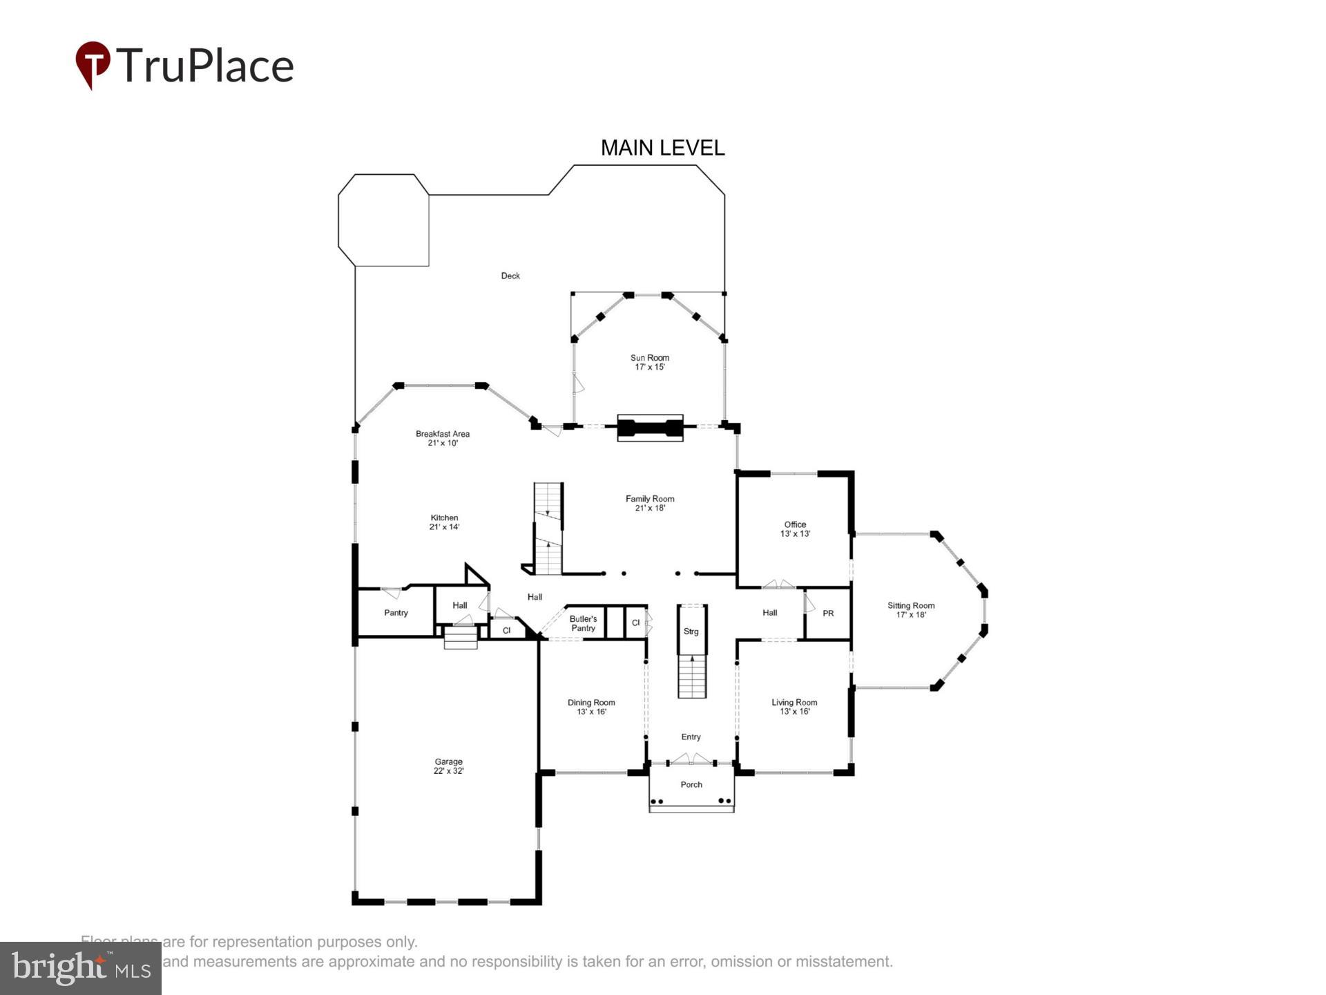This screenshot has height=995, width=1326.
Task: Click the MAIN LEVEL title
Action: [x=662, y=148]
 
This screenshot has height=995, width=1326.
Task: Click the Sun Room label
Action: [x=649, y=357]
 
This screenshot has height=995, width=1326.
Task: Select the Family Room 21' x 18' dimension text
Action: [x=650, y=508]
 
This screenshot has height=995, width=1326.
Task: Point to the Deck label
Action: [x=510, y=276]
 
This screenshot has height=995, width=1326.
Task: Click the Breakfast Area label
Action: [x=442, y=434]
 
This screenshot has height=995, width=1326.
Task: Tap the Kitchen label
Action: [x=444, y=518]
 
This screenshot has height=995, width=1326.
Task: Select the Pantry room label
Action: [x=396, y=613]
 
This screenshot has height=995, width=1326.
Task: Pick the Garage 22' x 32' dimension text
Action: [x=448, y=771]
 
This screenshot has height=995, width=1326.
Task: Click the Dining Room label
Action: [x=591, y=703]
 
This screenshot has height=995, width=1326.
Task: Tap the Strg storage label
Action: [x=691, y=632]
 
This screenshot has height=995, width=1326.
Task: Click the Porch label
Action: [x=691, y=784]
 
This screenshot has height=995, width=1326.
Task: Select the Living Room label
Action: [x=794, y=703]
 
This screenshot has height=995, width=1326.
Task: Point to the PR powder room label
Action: [x=828, y=614]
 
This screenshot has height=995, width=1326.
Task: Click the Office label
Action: [x=795, y=524]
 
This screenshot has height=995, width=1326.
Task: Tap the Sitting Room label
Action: [x=911, y=606]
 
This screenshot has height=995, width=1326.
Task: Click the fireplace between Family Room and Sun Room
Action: [x=650, y=428]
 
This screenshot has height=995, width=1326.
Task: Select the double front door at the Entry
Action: [x=691, y=759]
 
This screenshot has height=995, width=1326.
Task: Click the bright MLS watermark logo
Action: [x=81, y=968]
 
